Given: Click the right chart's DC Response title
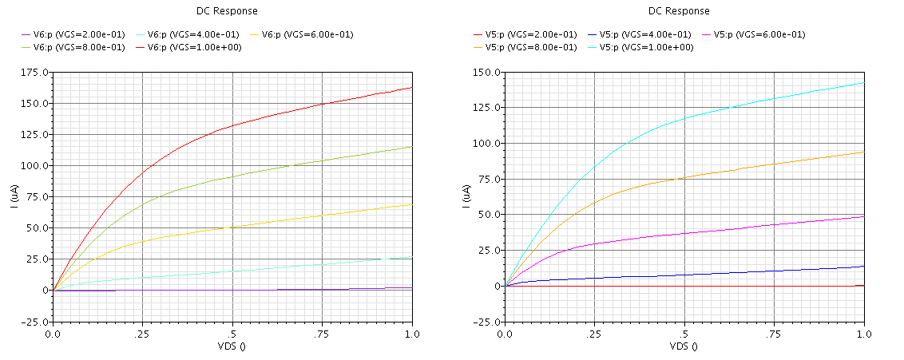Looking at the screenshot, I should point(679,11).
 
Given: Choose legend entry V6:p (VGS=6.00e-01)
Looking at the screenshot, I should point(307,34).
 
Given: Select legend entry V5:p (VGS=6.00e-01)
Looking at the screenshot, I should point(759,34).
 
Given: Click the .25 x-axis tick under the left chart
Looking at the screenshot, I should point(143,333).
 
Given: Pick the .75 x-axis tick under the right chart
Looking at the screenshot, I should point(774,333).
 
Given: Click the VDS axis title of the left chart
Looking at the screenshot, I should point(232,346).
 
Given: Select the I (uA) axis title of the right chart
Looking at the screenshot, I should point(466,197).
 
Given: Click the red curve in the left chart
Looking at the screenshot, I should point(232,125).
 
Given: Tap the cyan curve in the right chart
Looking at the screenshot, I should point(684,119).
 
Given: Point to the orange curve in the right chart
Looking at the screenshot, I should point(684,177).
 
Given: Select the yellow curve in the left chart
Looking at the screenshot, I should point(232,227).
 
